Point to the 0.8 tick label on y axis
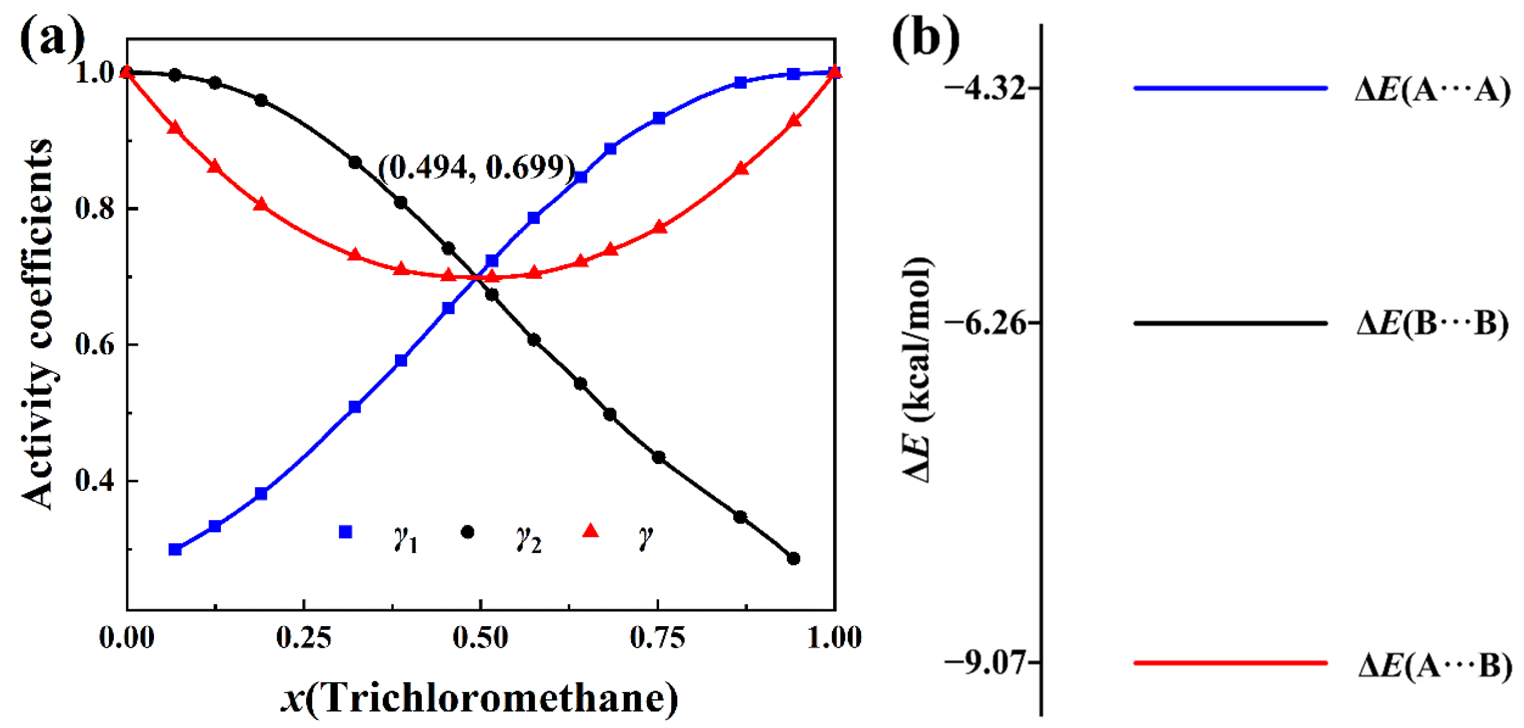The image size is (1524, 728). pyautogui.click(x=95, y=209)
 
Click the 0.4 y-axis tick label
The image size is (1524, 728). pyautogui.click(x=95, y=481)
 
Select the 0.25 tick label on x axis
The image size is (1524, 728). pyautogui.click(x=303, y=638)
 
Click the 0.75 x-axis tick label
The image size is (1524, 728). pyautogui.click(x=657, y=638)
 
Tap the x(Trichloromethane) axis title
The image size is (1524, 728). pyautogui.click(x=480, y=699)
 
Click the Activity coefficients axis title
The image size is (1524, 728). pyautogui.click(x=37, y=324)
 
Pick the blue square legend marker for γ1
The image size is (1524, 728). pyautogui.click(x=345, y=531)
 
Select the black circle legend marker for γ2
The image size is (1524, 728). pyautogui.click(x=467, y=531)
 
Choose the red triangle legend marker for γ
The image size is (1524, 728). pyautogui.click(x=590, y=531)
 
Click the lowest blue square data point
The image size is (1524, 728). pyautogui.click(x=175, y=549)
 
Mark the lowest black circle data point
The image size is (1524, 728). pyautogui.click(x=794, y=558)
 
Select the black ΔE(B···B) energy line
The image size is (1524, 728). pyautogui.click(x=1230, y=323)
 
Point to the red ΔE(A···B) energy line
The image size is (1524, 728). pyautogui.click(x=1230, y=663)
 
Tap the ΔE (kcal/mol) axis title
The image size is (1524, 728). pyautogui.click(x=917, y=370)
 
